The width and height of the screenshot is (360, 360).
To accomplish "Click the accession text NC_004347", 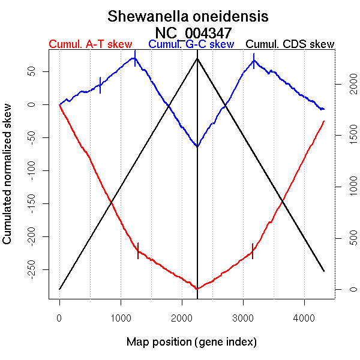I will coord(193,32).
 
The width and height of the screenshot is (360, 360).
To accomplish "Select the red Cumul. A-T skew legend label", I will coord(90,44).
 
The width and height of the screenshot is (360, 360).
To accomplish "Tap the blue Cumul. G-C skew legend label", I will coord(191,44).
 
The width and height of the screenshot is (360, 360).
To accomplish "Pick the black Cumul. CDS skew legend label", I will coord(290,44).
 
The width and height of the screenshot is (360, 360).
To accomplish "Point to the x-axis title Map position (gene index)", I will coord(191,342).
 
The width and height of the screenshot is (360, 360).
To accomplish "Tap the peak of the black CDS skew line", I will coord(197,58).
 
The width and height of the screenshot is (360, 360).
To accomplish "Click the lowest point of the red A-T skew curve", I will coord(197,289).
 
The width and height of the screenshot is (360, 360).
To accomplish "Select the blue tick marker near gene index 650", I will coord(100,85).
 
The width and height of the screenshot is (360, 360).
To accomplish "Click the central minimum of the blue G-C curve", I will coord(197,146).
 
